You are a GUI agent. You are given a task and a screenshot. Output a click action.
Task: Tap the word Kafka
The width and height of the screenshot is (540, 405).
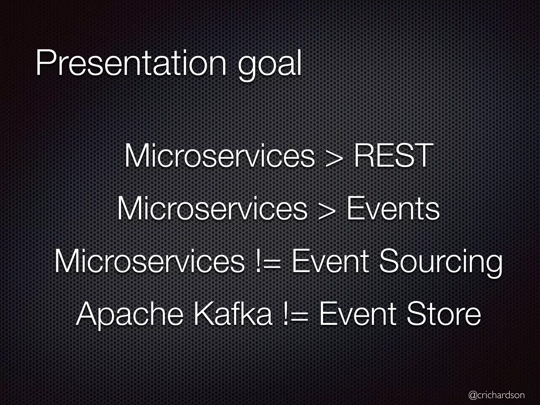click(233, 314)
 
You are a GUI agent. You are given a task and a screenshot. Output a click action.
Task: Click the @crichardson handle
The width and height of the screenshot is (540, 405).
click(496, 395)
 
